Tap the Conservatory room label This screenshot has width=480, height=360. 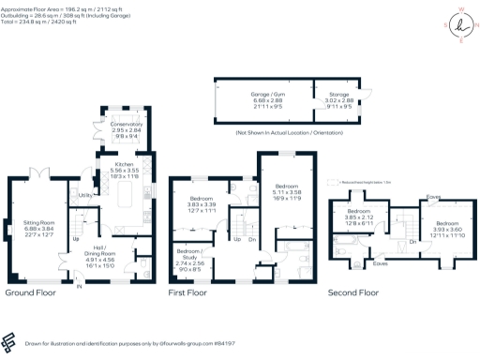127,124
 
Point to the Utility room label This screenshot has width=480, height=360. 83,195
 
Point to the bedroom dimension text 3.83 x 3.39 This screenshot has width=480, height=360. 202,206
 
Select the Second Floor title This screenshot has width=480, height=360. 353,292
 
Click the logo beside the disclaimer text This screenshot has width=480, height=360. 10,340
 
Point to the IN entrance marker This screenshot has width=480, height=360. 79,286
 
